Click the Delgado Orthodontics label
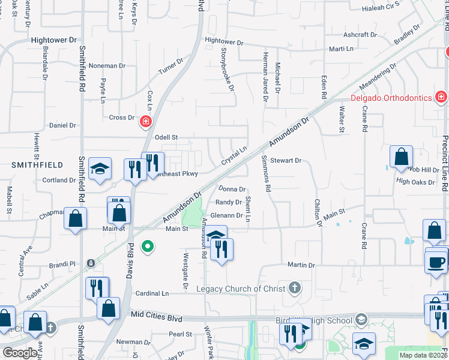click(x=391, y=98)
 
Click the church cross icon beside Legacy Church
click(x=294, y=289)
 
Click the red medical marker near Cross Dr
click(x=145, y=122)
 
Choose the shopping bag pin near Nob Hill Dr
click(x=400, y=157)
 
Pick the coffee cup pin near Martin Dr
click(x=436, y=262)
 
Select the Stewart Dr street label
click(x=285, y=161)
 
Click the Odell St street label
click(x=166, y=137)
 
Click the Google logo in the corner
click(x=20, y=353)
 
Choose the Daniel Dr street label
click(x=62, y=125)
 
